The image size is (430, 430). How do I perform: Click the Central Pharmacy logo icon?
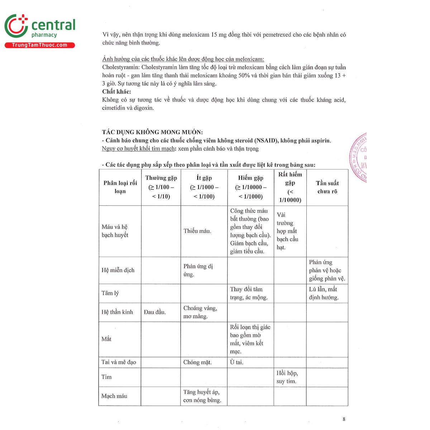(x=16, y=26)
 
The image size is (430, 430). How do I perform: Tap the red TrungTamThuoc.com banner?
(x=39, y=45)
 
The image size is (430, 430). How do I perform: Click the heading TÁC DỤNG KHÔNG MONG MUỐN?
(x=152, y=132)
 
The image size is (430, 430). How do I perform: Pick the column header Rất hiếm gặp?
(x=290, y=187)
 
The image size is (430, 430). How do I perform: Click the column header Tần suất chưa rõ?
(x=327, y=187)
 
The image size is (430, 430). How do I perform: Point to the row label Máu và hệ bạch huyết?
(x=115, y=231)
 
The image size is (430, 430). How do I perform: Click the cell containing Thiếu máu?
(x=197, y=231)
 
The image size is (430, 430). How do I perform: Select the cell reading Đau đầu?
(x=155, y=312)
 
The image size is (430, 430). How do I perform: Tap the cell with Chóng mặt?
(x=197, y=362)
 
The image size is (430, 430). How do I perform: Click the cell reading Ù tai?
(x=236, y=362)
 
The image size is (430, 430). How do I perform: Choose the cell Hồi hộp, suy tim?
(x=287, y=377)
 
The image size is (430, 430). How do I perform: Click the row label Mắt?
(x=106, y=339)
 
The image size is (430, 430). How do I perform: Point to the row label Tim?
(x=106, y=377)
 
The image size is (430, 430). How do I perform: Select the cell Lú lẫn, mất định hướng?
(x=324, y=293)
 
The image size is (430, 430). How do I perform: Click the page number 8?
(x=344, y=419)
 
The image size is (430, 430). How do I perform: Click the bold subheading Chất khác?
(x=116, y=92)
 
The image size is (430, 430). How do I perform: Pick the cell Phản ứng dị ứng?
(x=198, y=270)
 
